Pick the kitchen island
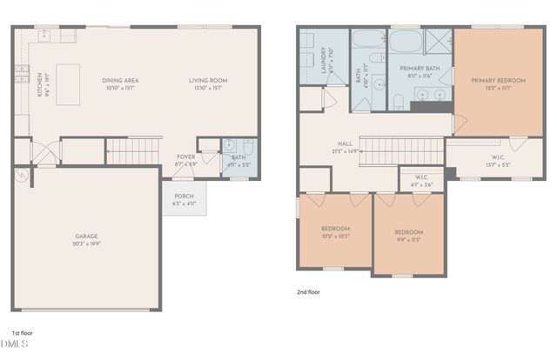pos(68,84)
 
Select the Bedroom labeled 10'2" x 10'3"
pos(335,232)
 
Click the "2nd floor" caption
pos(309,293)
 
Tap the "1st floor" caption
pos(22,333)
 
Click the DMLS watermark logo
pos(15,347)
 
